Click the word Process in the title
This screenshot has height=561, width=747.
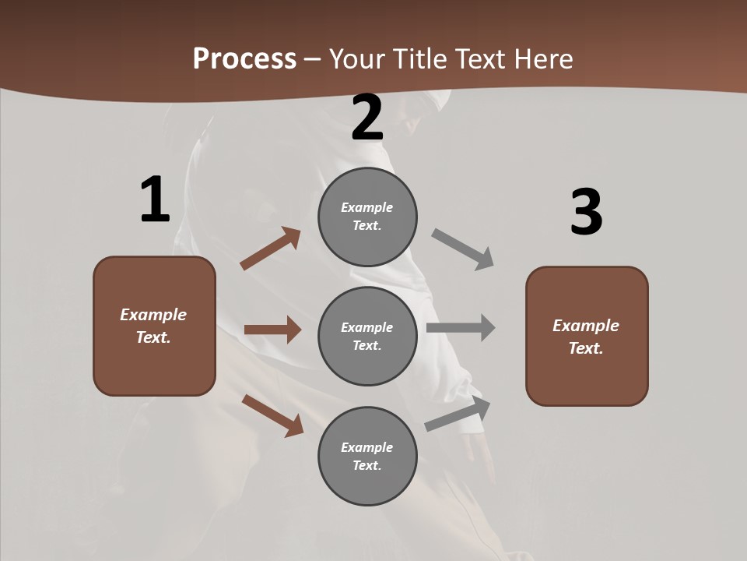tap(244, 59)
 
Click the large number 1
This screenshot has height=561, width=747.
tap(155, 200)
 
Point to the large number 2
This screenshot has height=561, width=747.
tap(367, 118)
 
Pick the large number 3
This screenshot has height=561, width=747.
tap(586, 213)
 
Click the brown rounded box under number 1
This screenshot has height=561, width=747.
tap(154, 326)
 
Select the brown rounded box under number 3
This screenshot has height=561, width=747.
tap(587, 336)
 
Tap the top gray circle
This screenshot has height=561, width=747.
tap(367, 217)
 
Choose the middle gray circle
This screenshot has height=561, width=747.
tap(367, 336)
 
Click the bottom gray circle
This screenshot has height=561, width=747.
tap(367, 456)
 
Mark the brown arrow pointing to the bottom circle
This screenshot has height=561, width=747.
tap(272, 415)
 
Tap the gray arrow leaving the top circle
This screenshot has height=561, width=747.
tap(463, 249)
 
